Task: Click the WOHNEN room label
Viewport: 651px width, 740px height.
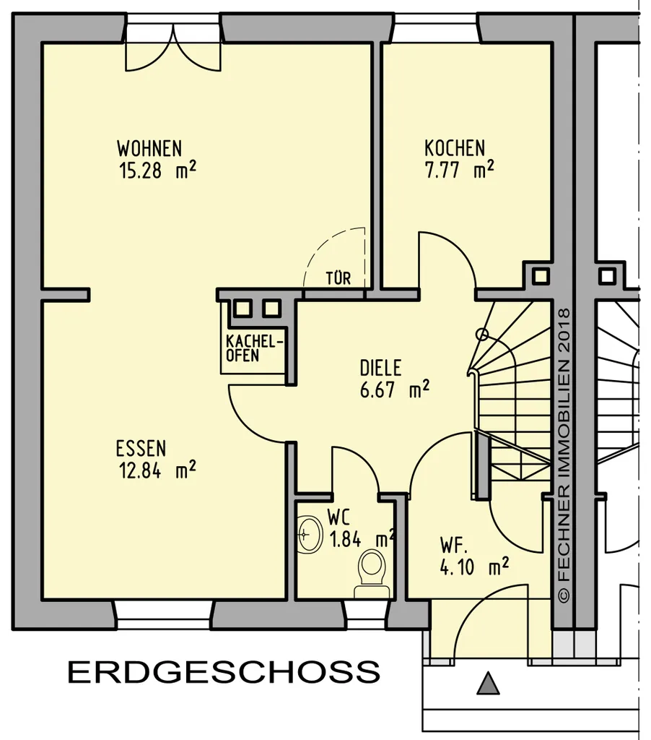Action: tap(149, 148)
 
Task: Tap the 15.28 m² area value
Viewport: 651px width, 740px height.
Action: tap(157, 170)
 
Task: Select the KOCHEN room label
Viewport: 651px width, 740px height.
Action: tap(455, 148)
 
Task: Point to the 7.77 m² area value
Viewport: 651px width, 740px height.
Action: tap(460, 170)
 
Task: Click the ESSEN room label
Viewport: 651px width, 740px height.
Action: tap(141, 448)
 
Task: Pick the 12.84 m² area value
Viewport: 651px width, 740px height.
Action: tap(157, 470)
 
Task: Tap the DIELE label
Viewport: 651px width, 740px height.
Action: tap(380, 368)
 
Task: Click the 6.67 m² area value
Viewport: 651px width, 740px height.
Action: tap(395, 390)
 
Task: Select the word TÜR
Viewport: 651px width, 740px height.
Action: tap(338, 278)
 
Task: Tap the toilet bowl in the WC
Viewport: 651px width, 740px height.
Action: tap(372, 573)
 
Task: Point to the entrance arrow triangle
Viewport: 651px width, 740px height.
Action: tap(488, 684)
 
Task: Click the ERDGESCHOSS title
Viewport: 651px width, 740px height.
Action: tap(224, 671)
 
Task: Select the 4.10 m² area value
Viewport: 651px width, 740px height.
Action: tap(474, 567)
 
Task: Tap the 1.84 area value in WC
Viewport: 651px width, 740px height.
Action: tap(346, 539)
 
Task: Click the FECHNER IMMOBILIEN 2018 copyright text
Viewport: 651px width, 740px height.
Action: tap(564, 455)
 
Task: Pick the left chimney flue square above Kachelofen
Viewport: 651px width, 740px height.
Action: tap(243, 309)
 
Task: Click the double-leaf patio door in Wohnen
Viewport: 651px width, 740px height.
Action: tap(173, 47)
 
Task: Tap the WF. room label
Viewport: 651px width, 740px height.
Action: tap(453, 545)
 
